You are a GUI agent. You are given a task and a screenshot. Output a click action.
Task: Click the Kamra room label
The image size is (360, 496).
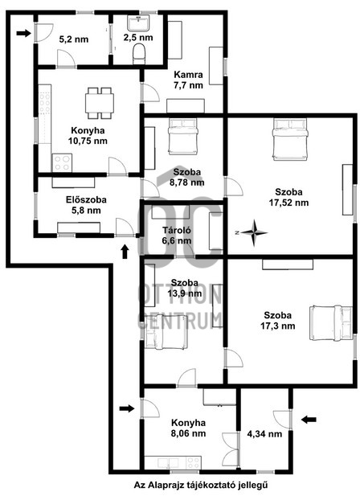pos(188,75)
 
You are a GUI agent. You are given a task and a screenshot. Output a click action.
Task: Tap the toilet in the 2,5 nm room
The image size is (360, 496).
pos(139,54)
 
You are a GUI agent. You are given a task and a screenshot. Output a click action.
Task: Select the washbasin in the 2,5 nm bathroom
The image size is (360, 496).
pos(138,23)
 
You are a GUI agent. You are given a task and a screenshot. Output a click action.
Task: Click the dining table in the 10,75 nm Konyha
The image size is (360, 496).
pos(100,103)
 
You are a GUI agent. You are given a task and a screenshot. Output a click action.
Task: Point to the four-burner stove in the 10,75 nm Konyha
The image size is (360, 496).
pos(62,163)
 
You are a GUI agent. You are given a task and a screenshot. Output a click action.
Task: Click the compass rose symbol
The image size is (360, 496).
pos(253,233)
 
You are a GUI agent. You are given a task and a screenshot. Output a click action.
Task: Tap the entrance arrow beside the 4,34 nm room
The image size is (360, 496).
pos(309,420)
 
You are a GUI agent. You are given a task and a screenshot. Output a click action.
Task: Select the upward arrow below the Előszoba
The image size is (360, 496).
pos(125,252)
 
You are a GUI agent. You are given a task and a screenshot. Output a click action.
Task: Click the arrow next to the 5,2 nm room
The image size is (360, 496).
pos(23,33)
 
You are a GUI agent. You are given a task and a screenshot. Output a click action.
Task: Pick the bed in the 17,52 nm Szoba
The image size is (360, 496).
pos(290,140)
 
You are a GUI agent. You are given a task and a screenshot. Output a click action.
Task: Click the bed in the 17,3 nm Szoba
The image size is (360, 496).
pos(331,322)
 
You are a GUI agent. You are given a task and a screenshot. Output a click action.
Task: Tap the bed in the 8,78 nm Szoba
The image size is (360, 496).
pos(183,137)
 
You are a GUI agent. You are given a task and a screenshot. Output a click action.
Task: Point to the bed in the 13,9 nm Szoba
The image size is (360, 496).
pos(166,335)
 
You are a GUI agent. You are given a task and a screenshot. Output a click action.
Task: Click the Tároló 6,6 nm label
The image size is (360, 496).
pos(177,236)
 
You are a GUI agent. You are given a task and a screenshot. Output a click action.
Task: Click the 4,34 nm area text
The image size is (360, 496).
pos(264,433)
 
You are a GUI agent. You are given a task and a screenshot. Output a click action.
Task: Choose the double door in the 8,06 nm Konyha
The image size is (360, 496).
pos(230,449)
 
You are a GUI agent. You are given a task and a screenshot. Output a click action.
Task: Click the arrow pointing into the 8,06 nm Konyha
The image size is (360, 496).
pos(127,408)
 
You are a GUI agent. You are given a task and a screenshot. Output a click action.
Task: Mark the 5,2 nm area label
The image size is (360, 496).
pos(74,39)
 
